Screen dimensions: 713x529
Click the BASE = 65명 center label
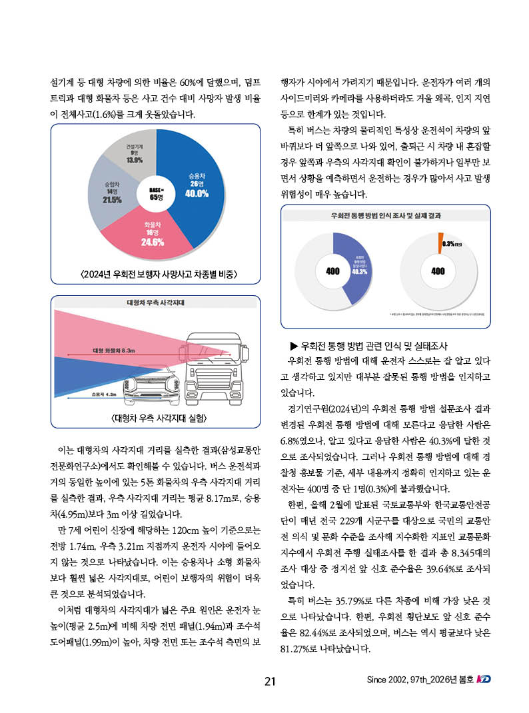click(x=156, y=194)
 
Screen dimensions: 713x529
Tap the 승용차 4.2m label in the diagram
click(x=103, y=394)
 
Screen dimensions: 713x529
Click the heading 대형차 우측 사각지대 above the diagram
click(x=155, y=303)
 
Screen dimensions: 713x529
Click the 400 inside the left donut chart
click(x=332, y=271)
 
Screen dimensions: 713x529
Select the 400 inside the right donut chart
click(x=438, y=271)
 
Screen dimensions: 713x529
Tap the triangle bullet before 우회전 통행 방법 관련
click(x=293, y=347)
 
